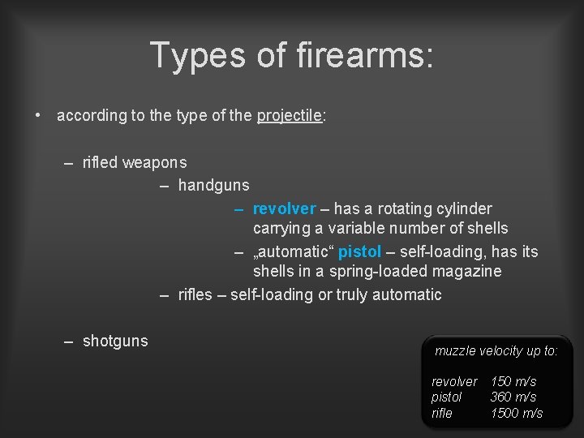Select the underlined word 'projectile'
[x=290, y=116]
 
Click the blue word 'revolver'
[x=284, y=209]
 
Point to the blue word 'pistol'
[x=360, y=251]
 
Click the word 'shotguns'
[x=115, y=341]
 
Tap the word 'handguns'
[x=213, y=186]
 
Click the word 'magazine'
[x=466, y=271]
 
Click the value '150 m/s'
[x=513, y=381]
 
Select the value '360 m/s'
[x=513, y=397]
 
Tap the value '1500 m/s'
[x=517, y=413]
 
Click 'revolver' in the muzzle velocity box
[x=454, y=381]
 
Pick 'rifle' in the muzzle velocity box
[x=442, y=413]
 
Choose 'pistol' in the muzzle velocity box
[x=446, y=397]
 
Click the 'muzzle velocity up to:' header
[x=496, y=351]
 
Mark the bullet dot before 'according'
[x=38, y=115]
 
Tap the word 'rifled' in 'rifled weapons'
[x=100, y=163]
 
